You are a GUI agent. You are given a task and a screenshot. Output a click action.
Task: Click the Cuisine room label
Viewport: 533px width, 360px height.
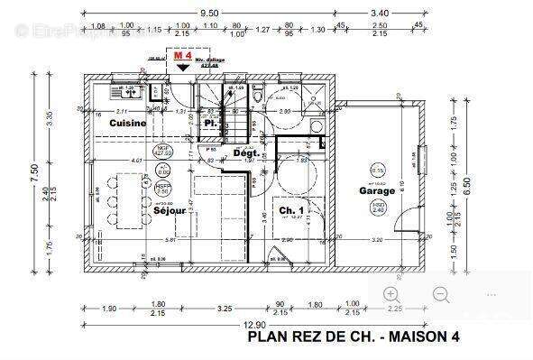[128, 122]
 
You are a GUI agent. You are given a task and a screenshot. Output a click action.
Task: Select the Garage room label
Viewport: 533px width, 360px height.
[377, 191]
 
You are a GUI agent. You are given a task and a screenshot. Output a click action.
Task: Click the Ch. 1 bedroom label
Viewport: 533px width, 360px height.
[290, 211]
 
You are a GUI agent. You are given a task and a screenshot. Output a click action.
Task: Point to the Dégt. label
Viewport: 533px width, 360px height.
[246, 153]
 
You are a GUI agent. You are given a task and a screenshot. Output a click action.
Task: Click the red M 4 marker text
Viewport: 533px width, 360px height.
[182, 56]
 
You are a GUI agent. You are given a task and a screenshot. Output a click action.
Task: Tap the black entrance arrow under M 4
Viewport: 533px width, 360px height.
[182, 68]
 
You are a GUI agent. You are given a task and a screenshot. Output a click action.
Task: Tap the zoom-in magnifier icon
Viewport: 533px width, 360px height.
[391, 294]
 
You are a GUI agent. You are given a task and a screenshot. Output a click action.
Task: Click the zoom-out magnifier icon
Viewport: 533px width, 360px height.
[441, 294]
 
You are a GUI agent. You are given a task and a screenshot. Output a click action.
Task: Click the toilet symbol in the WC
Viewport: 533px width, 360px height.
[259, 95]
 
